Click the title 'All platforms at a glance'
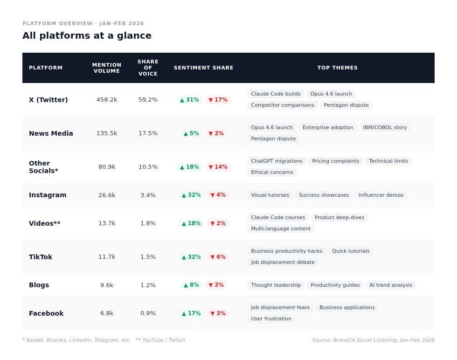(x=87, y=35)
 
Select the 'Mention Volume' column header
(x=107, y=68)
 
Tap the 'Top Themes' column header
(x=338, y=68)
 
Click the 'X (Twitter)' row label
(x=48, y=100)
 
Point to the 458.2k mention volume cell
(x=107, y=100)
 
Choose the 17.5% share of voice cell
(x=148, y=133)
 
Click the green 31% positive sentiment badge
(x=189, y=100)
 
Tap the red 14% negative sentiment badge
(x=218, y=167)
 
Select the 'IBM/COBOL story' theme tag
(x=385, y=128)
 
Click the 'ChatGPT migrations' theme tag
(x=277, y=161)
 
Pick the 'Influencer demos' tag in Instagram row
(x=381, y=195)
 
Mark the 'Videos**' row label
(x=45, y=223)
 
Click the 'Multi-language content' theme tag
(x=281, y=229)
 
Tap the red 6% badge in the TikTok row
(x=218, y=257)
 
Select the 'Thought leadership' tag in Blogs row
(x=276, y=285)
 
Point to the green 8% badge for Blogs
(x=191, y=285)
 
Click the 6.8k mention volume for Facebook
(x=107, y=313)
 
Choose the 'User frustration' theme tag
(x=271, y=319)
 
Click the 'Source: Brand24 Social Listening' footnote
(x=373, y=340)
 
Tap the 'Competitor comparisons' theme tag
(x=282, y=105)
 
